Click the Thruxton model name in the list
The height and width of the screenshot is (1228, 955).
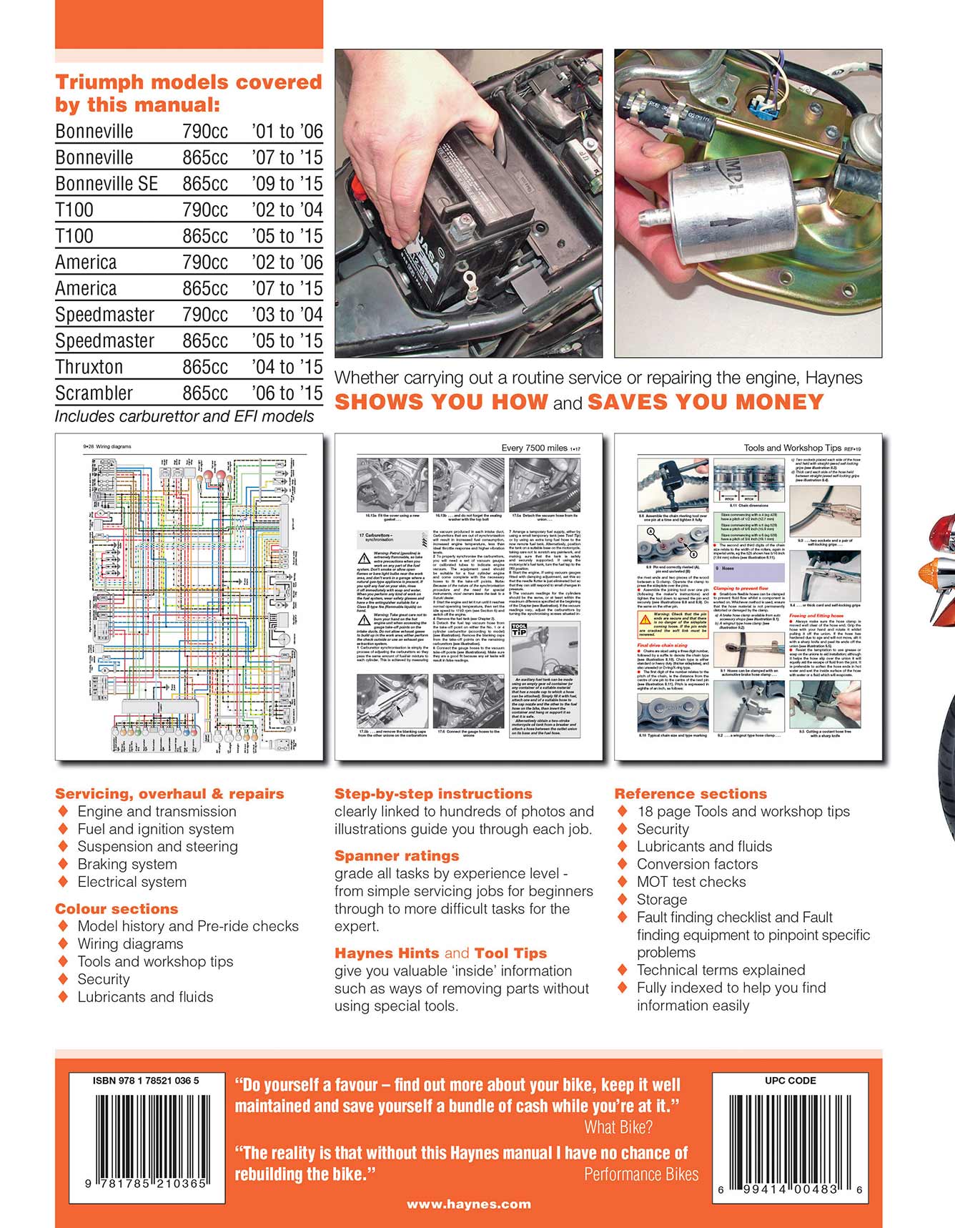click(89, 367)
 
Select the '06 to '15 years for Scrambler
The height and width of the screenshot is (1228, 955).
click(287, 393)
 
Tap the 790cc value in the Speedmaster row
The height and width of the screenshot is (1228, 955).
click(205, 315)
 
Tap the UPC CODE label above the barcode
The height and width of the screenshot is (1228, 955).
click(790, 1081)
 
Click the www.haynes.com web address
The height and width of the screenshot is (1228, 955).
click(469, 1204)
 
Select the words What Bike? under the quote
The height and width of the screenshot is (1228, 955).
click(618, 1127)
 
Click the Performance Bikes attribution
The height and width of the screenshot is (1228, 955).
click(641, 1174)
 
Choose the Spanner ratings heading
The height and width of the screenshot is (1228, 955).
click(397, 856)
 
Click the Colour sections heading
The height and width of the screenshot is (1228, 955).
click(117, 909)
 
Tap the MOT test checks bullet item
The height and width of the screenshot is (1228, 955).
click(691, 882)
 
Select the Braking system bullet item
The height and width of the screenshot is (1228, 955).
click(127, 864)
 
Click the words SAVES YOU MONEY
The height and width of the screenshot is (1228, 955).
click(705, 402)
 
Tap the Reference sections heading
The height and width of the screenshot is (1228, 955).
click(691, 794)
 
